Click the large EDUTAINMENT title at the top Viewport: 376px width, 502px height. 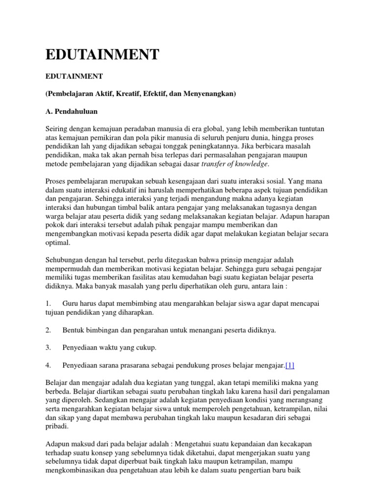pos(102,54)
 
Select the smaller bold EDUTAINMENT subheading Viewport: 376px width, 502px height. pos(74,77)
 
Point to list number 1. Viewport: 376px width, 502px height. pos(48,304)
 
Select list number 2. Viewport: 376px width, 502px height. pos(48,330)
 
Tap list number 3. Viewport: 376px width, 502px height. pos(48,348)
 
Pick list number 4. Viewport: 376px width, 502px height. pos(48,365)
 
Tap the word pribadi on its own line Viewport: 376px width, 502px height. pos(57,427)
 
